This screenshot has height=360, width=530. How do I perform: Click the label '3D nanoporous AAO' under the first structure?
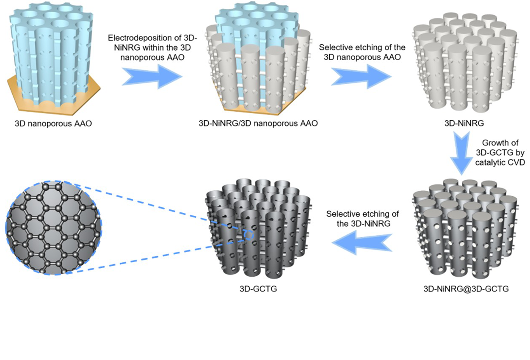point(53,124)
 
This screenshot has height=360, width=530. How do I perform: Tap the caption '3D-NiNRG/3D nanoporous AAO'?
point(258,124)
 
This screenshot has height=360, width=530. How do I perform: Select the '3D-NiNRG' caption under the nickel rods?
point(464,124)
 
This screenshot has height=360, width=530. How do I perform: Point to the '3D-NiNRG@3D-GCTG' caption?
point(466,289)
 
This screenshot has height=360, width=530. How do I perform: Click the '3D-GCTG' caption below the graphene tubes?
point(258,289)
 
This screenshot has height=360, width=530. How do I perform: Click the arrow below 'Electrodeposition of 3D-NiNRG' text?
point(152,77)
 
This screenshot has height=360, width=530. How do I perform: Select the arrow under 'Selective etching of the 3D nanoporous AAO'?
point(361,77)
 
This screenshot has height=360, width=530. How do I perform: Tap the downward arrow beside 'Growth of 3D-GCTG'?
point(461,153)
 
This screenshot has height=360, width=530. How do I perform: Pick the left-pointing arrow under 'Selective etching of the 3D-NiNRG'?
point(362,242)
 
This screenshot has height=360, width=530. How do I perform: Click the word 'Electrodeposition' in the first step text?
point(140,38)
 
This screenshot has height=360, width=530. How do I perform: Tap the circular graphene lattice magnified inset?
point(54,228)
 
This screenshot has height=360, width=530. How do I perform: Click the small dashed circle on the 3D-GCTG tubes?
point(248,235)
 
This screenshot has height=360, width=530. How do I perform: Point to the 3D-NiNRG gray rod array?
point(465,63)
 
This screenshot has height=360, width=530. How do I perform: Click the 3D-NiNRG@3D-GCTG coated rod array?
point(465,229)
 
